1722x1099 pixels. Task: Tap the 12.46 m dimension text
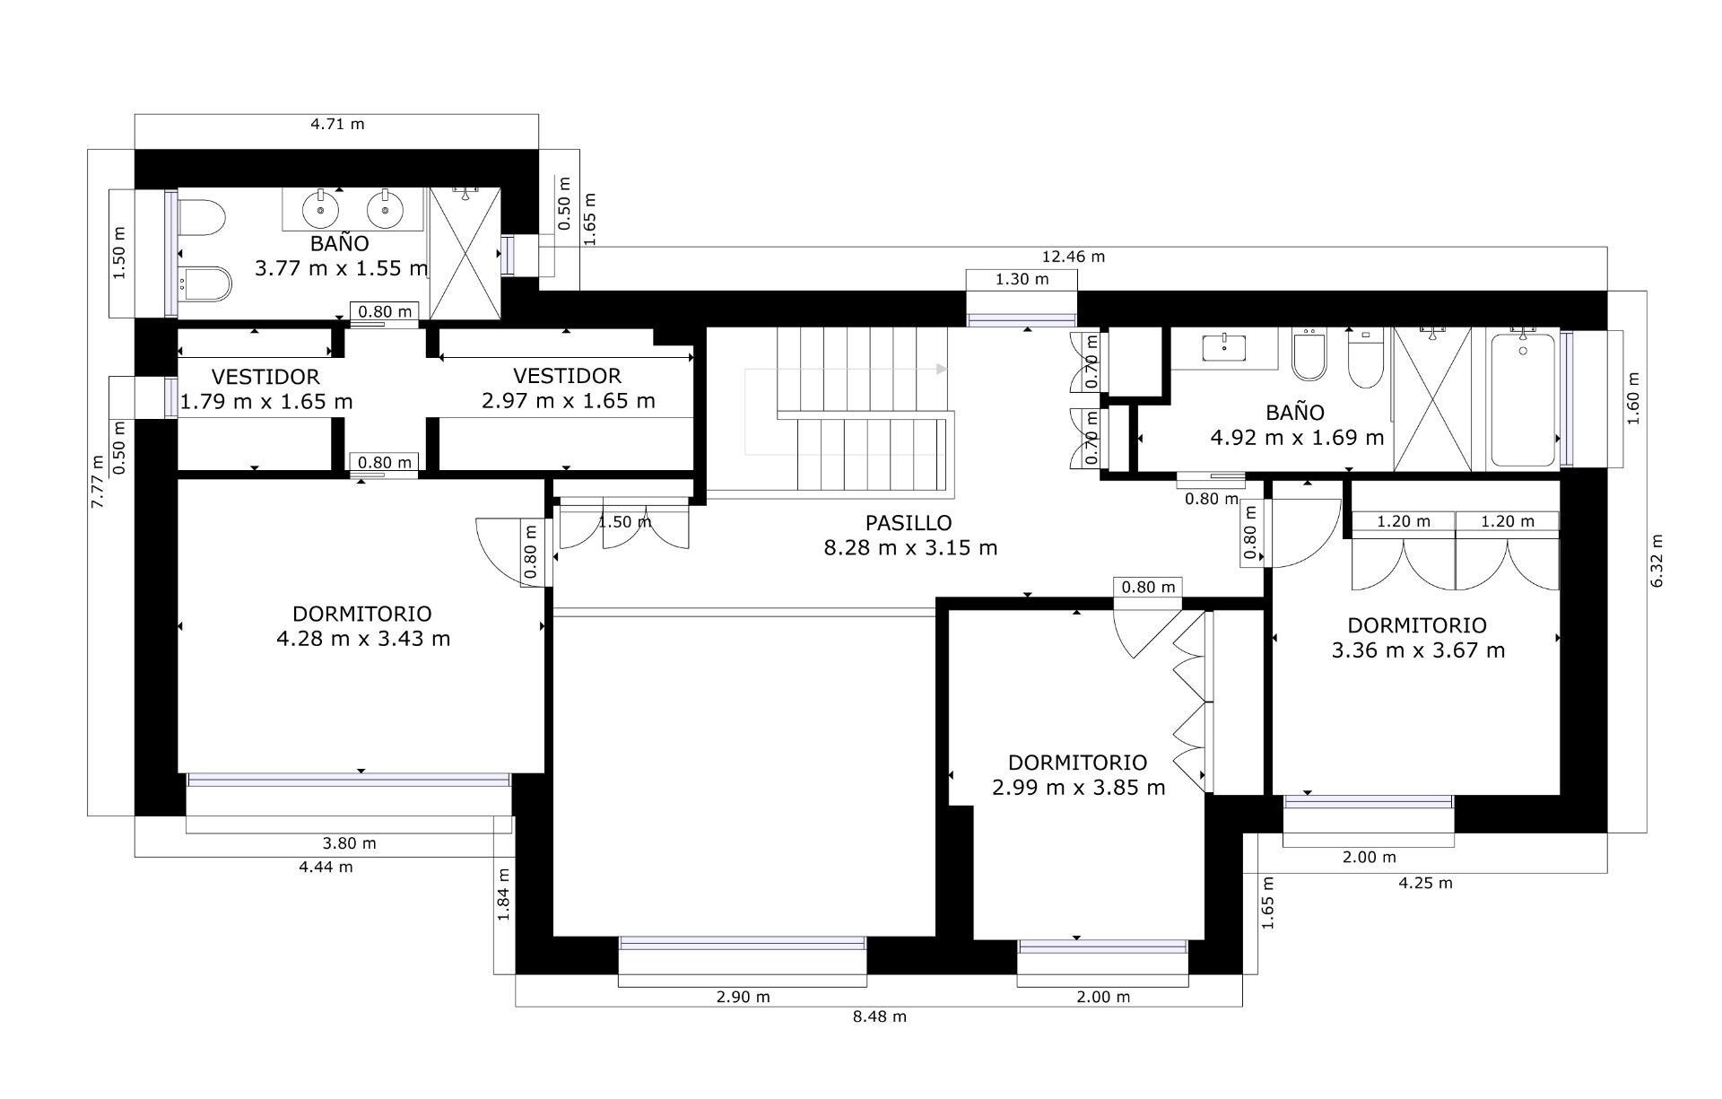(1073, 257)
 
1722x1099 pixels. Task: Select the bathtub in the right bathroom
(1523, 399)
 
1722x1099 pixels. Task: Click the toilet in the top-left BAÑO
(202, 218)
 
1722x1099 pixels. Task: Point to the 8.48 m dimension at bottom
(879, 1016)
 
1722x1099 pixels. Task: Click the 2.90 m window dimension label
(743, 997)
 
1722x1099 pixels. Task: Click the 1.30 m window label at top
(1022, 279)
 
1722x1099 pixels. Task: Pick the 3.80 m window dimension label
(349, 843)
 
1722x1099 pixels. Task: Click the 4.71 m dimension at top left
(337, 124)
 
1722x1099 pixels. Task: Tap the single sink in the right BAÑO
(1224, 346)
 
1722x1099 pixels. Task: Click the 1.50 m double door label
(624, 521)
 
